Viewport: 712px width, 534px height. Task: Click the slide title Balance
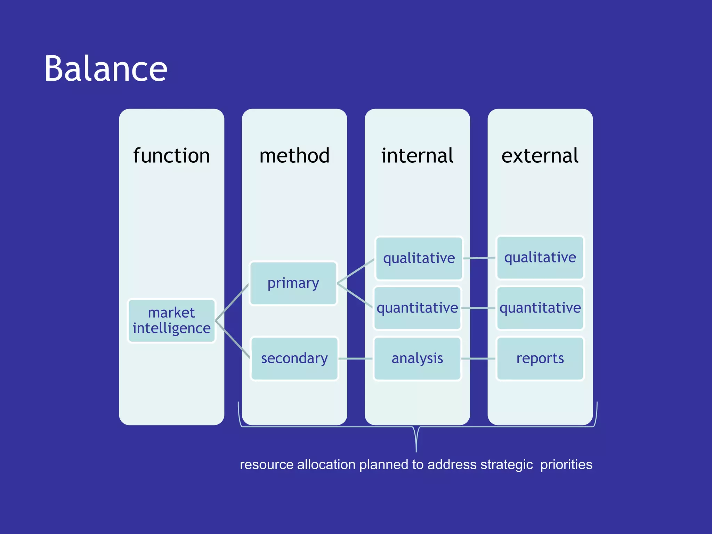[x=106, y=69]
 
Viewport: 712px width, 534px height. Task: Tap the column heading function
[x=171, y=155]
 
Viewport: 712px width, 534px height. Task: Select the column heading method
[x=294, y=155]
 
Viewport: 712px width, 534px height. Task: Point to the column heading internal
[x=417, y=155]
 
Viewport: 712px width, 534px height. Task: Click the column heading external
[x=540, y=155]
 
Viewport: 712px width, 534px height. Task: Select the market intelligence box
[x=171, y=321]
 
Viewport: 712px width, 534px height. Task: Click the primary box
[x=293, y=283]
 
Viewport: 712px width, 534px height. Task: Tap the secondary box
[x=294, y=358]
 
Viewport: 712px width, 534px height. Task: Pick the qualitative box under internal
[x=419, y=258]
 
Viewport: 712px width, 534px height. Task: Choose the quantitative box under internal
[x=417, y=308]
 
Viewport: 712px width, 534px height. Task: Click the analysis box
[x=417, y=358]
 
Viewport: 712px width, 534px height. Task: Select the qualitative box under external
[x=540, y=258]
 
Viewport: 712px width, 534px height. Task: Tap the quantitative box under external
[x=540, y=308]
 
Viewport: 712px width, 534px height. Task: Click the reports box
[x=540, y=358]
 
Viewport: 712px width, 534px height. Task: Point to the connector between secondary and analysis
[x=356, y=358]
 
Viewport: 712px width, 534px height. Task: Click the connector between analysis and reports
[x=478, y=358]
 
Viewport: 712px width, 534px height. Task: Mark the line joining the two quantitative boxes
[x=478, y=308]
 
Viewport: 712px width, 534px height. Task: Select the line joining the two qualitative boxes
[x=479, y=258]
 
